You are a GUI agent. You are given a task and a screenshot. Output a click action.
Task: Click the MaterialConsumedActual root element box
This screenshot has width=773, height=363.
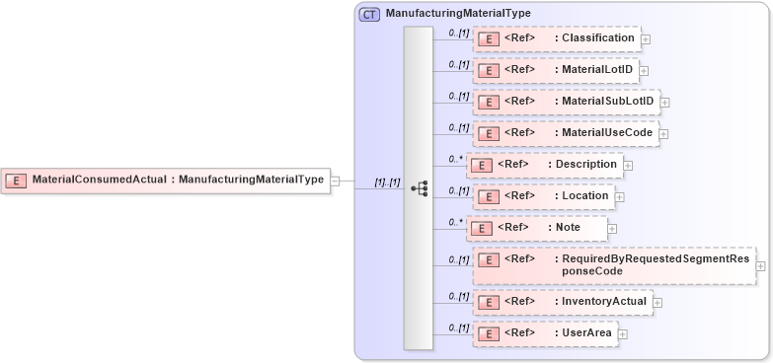tap(165, 181)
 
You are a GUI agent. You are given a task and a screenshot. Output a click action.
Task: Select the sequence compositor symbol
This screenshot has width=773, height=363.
tap(419, 187)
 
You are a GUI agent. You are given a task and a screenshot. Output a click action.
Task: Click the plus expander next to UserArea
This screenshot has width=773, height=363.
tap(622, 334)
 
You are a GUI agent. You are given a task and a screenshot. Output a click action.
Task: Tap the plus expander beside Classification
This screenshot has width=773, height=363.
tap(646, 39)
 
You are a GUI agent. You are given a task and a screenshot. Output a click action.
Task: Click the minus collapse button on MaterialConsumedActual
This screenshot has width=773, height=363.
tap(335, 181)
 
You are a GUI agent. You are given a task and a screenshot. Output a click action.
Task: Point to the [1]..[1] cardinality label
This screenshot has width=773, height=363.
tap(386, 182)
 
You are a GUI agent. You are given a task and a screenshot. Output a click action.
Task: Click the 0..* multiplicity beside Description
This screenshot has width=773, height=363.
tap(455, 158)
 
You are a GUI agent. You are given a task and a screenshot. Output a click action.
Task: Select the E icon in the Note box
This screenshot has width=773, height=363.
tap(479, 228)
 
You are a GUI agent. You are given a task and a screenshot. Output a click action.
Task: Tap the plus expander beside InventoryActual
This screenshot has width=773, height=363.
tap(657, 302)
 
